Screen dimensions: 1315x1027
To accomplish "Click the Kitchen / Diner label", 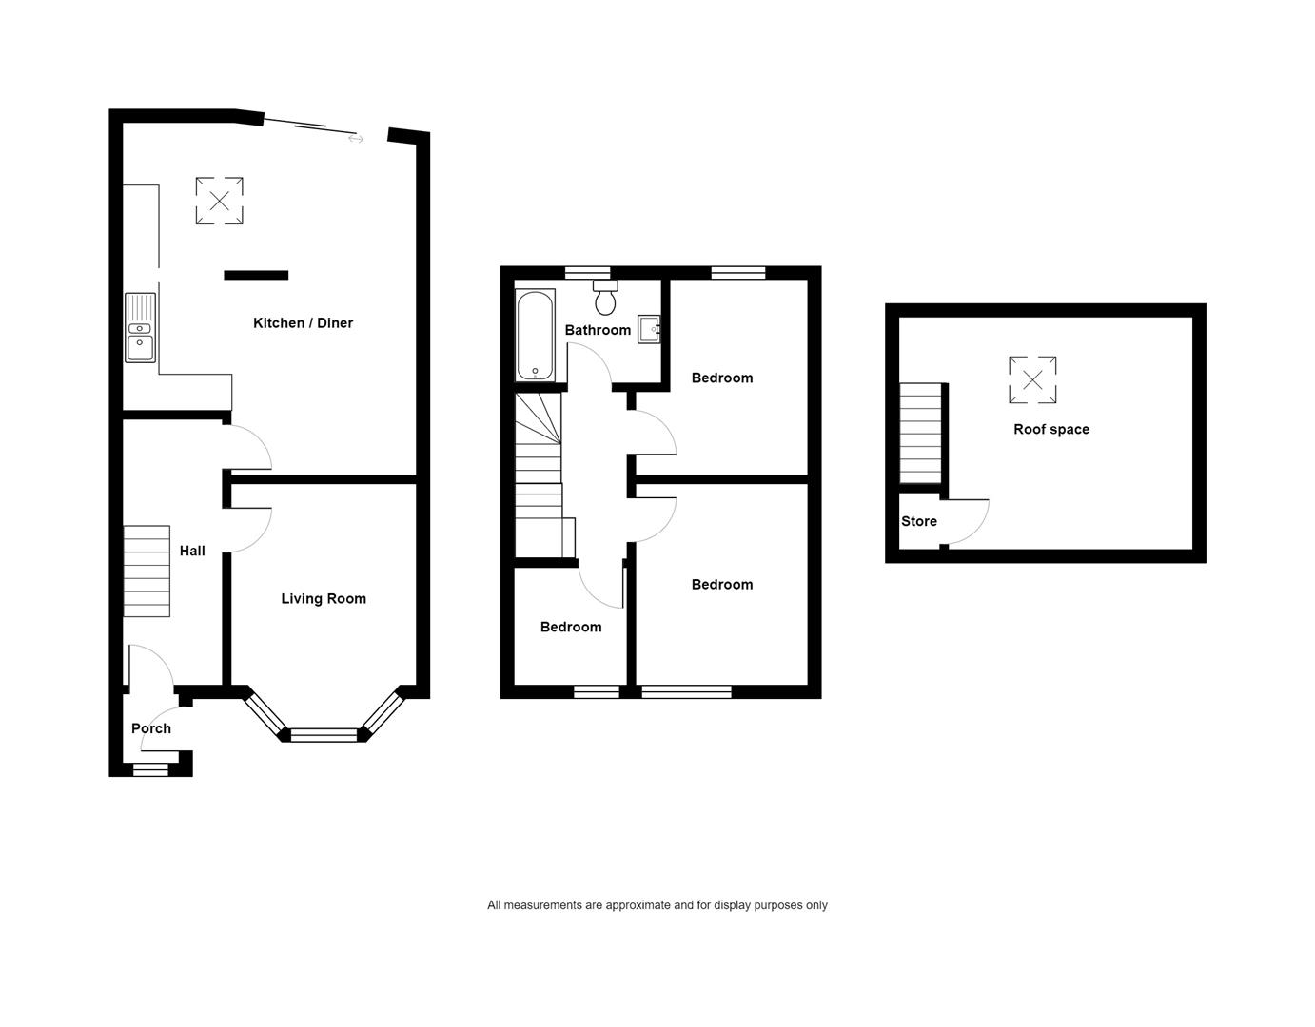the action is [303, 322].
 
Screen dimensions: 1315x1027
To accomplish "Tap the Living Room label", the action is [324, 598].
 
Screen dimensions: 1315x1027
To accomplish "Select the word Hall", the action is [192, 551].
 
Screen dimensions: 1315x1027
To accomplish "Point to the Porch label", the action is [151, 728].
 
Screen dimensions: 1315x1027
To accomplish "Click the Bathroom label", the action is [598, 330].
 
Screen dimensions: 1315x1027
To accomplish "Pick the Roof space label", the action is [1051, 429].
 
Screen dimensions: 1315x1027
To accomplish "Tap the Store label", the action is [918, 521].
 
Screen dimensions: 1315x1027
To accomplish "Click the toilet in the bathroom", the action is [605, 298].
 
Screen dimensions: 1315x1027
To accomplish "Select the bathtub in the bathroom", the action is [535, 335].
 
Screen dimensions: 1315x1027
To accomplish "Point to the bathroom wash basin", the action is [649, 329].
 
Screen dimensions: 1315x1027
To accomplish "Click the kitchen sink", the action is [140, 328].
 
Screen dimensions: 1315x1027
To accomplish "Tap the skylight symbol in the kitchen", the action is [220, 201].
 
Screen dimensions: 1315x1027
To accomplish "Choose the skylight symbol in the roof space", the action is [1032, 379].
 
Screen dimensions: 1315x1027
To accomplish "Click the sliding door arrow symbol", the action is [356, 139].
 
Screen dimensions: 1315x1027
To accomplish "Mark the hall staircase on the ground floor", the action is [147, 572].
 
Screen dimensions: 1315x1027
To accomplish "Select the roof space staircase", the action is [920, 434].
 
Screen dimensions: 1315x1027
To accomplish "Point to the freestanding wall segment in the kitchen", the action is [256, 275].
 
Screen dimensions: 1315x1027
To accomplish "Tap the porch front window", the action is [150, 769].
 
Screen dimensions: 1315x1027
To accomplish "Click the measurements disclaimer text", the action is [657, 905].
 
